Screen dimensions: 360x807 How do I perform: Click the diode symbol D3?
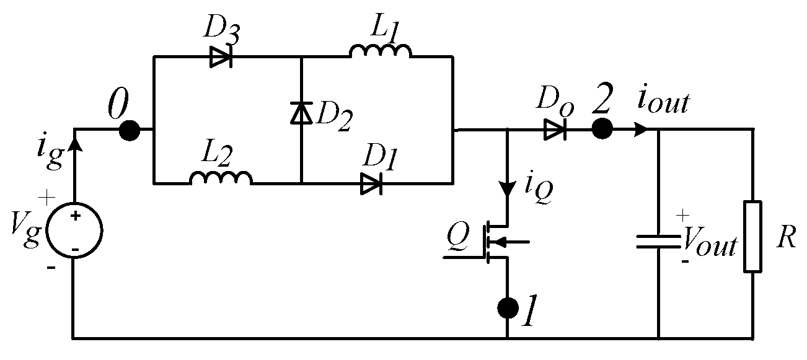coord(221,58)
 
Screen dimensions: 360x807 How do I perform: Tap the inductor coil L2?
coord(221,179)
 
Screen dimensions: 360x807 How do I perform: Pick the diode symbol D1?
coord(371,184)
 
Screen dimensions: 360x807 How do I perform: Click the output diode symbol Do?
coord(554,130)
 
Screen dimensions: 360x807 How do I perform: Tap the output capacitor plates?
coord(658,242)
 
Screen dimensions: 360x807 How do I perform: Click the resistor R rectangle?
coord(752,237)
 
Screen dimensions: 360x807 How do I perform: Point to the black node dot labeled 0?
coord(129,131)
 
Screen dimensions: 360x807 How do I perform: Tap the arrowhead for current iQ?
coord(508,188)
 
